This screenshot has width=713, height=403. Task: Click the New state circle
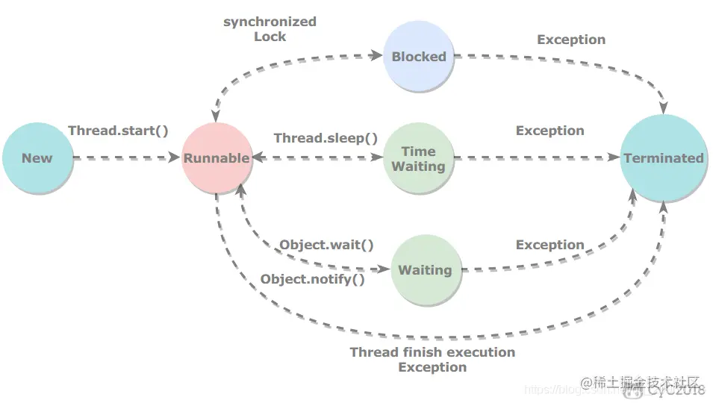[37, 157]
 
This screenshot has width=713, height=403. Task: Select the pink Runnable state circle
[217, 157]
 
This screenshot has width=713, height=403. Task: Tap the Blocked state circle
[419, 57]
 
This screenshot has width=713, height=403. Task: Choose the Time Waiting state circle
[418, 158]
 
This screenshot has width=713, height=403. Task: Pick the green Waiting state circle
[425, 270]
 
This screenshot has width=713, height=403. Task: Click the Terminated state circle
[664, 157]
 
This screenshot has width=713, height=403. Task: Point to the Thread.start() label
[118, 131]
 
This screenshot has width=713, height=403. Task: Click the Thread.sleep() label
[326, 138]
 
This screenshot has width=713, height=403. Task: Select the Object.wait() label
[326, 245]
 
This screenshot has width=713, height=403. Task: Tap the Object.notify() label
[312, 280]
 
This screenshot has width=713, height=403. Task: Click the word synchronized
[270, 22]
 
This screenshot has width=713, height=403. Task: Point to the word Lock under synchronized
[270, 36]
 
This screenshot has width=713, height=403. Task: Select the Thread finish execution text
[432, 352]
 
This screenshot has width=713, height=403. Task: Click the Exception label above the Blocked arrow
[571, 40]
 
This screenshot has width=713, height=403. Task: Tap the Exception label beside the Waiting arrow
[549, 245]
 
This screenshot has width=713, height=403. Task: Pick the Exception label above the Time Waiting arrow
[549, 131]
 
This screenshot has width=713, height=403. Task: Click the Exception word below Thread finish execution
[432, 367]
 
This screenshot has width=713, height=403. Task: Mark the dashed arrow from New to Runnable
[127, 158]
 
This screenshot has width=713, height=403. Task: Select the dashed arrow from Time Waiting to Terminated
[538, 158]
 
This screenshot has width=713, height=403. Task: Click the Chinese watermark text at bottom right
[642, 382]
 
